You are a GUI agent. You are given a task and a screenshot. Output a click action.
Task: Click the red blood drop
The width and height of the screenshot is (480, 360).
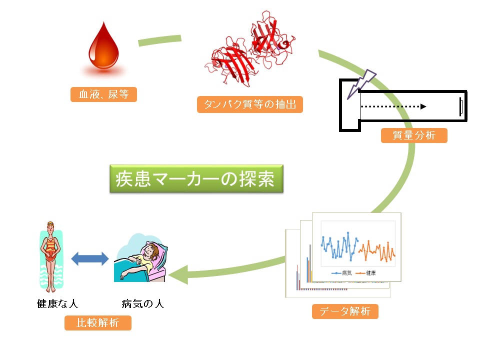click(x=104, y=49)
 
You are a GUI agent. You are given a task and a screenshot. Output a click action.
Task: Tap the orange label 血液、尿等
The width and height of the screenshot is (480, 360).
click(x=103, y=94)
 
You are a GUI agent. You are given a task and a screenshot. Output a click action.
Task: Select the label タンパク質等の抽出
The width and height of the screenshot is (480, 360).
click(x=250, y=104)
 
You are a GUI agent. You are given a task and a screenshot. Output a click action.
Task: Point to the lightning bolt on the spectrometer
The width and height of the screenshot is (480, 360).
click(x=361, y=84)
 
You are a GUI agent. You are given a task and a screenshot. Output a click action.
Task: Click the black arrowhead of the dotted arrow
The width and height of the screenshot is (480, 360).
click(x=423, y=106)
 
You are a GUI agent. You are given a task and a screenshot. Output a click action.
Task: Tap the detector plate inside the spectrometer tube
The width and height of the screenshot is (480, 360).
click(x=460, y=106)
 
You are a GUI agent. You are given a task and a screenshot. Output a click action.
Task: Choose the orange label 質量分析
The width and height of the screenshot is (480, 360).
click(x=414, y=135)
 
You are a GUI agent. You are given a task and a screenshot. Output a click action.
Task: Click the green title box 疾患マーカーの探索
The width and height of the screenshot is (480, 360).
click(x=196, y=179)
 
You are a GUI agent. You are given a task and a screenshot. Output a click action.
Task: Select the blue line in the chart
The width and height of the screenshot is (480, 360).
click(x=338, y=246)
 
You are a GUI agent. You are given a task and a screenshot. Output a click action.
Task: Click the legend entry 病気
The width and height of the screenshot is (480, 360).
click(x=341, y=273)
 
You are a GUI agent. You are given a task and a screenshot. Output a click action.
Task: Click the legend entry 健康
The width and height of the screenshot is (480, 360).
click(x=366, y=273)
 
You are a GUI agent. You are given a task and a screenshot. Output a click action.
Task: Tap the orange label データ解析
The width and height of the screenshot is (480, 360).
click(x=345, y=311)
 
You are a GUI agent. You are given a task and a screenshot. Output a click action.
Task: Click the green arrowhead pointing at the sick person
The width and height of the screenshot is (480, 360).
click(x=178, y=274)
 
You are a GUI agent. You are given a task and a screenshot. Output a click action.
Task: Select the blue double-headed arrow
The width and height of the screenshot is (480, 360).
click(x=89, y=258)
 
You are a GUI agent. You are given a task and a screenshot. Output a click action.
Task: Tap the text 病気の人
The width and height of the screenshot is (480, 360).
click(x=143, y=303)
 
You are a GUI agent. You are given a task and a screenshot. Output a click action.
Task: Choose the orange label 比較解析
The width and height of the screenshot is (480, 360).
click(x=97, y=323)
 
